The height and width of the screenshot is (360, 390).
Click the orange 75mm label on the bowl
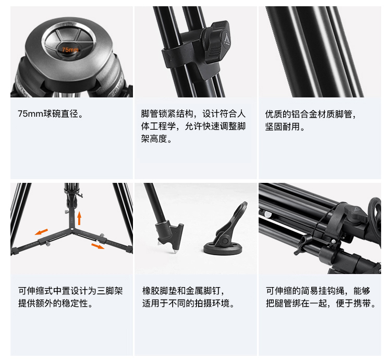point(70,49)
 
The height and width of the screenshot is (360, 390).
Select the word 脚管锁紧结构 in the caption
point(167,114)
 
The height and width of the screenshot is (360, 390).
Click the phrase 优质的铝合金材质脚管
point(309,114)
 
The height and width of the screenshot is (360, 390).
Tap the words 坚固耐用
point(282,127)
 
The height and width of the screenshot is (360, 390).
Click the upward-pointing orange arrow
point(79,218)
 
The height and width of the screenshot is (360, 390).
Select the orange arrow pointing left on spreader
point(41,232)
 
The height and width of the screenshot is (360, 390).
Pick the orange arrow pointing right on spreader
point(97,246)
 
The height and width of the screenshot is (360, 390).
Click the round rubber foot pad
point(223,249)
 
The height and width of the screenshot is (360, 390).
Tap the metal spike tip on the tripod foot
point(174,252)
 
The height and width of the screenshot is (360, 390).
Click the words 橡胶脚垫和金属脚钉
point(181,290)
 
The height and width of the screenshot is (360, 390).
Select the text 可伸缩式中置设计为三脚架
point(70,290)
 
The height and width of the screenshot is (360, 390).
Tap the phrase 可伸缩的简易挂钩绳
point(305,290)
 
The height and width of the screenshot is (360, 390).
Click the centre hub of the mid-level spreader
point(72,229)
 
